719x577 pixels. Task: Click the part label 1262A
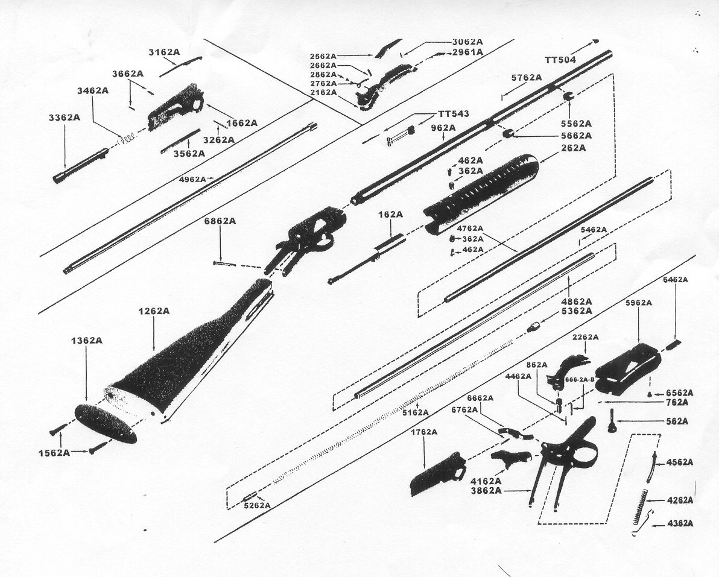pyautogui.click(x=153, y=311)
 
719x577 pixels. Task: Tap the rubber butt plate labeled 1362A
pyautogui.click(x=106, y=423)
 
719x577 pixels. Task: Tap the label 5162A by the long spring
pyautogui.click(x=416, y=413)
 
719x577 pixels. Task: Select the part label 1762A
pyautogui.click(x=424, y=432)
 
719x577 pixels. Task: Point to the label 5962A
pyautogui.click(x=638, y=303)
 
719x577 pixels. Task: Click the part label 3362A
pyautogui.click(x=64, y=118)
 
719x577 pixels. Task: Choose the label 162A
pyautogui.click(x=390, y=214)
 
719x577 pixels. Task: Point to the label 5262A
pyautogui.click(x=256, y=505)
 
